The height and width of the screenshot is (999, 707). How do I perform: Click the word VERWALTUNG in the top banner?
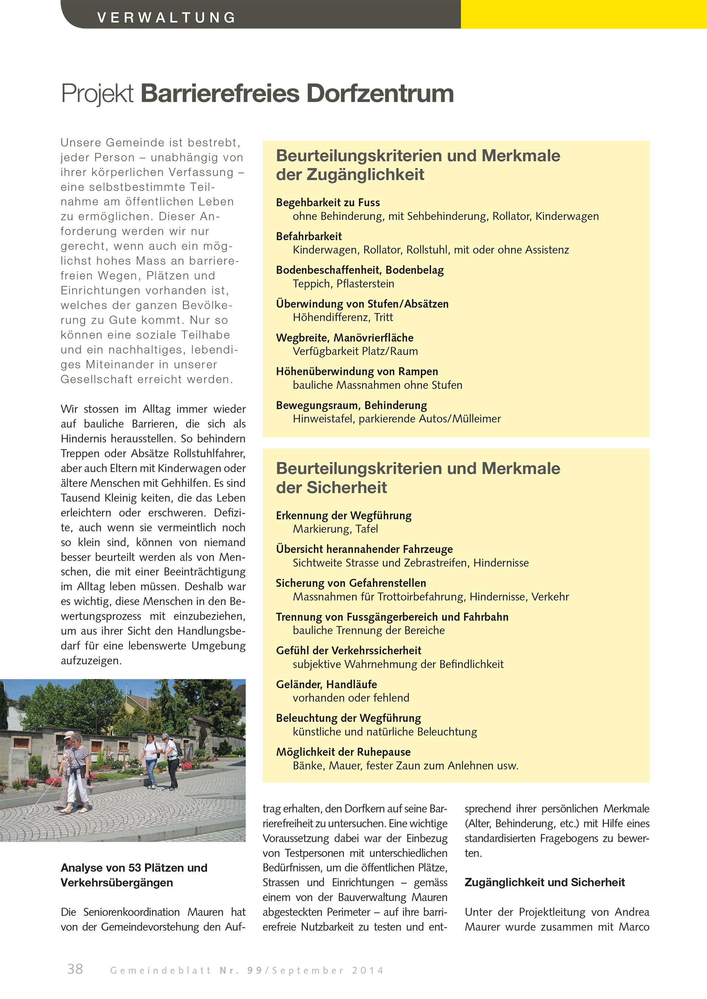tap(166, 17)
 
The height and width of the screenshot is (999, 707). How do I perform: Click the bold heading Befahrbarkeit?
tap(309, 236)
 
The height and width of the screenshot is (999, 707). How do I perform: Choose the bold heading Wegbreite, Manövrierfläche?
tap(344, 338)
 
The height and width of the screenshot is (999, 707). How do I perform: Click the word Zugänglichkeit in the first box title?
tap(365, 175)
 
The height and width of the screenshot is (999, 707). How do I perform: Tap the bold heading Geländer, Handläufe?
tap(326, 684)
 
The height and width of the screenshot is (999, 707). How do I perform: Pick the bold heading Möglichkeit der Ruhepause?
tap(343, 752)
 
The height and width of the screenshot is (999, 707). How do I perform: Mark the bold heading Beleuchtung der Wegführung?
tap(348, 718)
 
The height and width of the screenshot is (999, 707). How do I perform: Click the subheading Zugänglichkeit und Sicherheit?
tap(544, 882)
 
